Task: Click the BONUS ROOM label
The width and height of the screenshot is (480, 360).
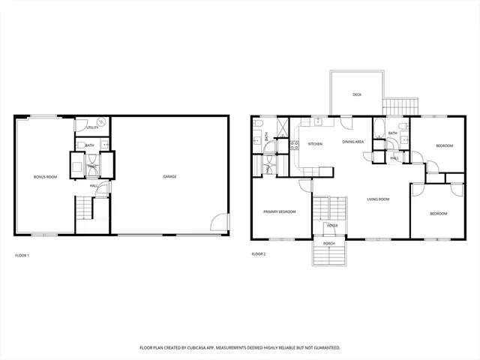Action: coord(46,176)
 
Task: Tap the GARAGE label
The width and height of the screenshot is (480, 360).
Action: coord(169,176)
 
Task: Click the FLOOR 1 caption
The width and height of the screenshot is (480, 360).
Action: coord(22,256)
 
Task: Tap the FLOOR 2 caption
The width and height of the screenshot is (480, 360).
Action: coord(259,254)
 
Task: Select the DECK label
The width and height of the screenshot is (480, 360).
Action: coord(357,94)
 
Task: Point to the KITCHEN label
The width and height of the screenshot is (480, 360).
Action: coord(315,143)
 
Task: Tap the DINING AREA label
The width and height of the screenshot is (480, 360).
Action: coord(353,141)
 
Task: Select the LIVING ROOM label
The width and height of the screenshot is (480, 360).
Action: coord(378,199)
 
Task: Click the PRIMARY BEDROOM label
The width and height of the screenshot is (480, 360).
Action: coord(279,211)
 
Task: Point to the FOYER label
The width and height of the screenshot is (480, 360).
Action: coord(331,226)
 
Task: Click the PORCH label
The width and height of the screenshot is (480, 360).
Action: coord(328,244)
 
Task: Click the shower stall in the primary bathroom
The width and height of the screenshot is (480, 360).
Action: coord(283,128)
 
